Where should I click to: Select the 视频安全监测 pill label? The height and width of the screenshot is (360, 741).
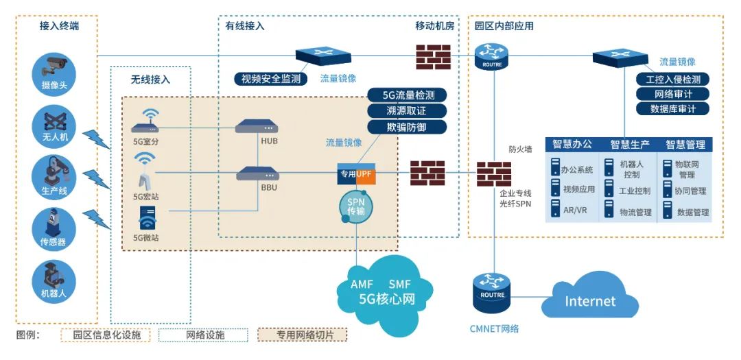coord(271,78)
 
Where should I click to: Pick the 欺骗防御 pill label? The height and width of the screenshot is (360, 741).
coord(408,127)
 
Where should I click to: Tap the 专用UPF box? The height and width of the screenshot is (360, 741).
coord(356,174)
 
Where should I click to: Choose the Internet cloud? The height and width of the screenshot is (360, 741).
coord(589,300)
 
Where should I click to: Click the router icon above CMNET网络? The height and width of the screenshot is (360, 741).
coord(493,289)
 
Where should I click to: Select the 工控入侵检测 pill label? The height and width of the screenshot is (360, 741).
coord(672,79)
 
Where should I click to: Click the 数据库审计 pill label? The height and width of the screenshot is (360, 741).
coord(672,109)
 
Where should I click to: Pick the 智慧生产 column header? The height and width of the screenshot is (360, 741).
coord(629,145)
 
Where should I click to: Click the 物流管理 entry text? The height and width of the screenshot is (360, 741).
coord(635,213)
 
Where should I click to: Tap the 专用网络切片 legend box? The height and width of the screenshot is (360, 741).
coord(302,335)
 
